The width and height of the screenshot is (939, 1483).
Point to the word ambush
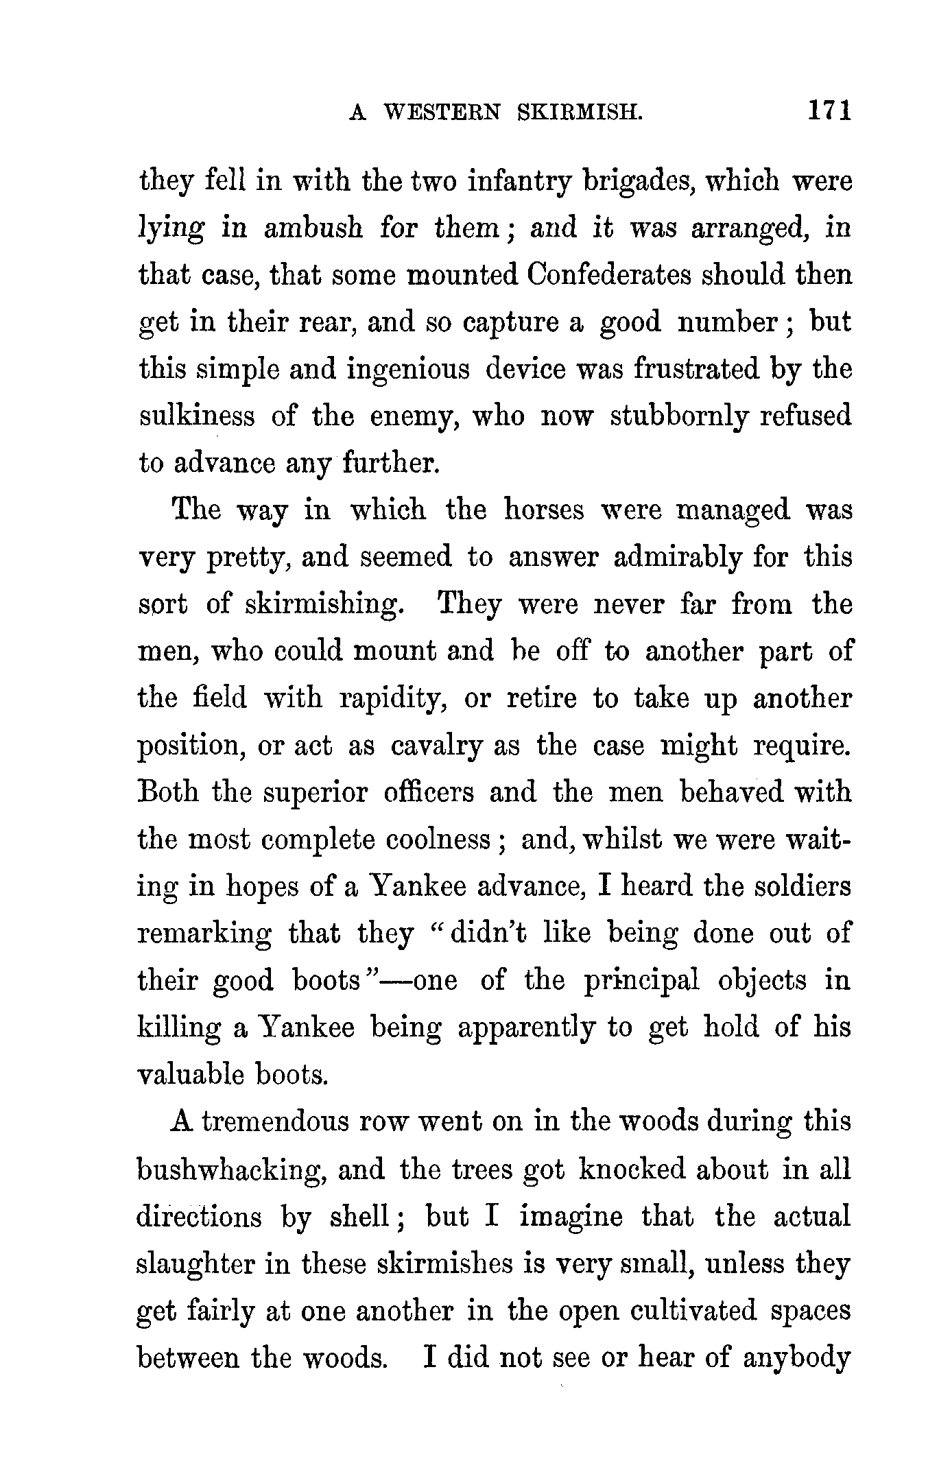[x=313, y=228]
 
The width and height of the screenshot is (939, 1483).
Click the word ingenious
[x=408, y=370]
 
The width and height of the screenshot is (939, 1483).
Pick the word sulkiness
[x=196, y=416]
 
